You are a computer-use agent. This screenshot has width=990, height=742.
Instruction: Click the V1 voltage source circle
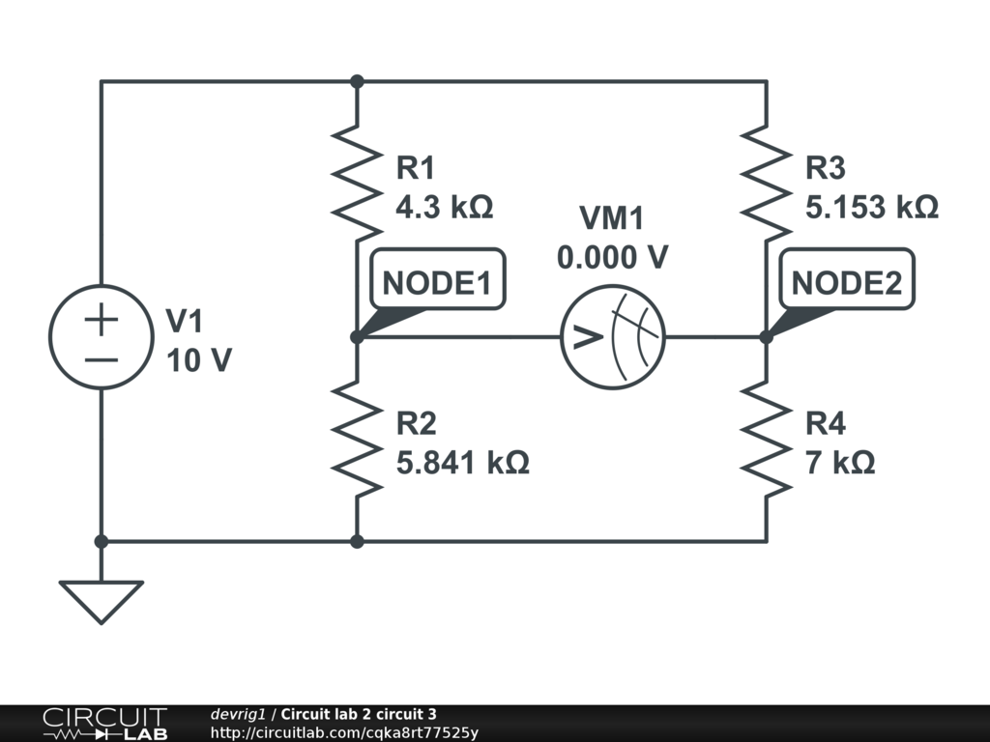pos(102,336)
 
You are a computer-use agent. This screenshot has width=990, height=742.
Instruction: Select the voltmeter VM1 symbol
pos(614,336)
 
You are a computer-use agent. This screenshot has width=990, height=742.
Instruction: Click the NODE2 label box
pos(846,283)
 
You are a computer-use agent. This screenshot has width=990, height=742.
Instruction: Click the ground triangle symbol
pos(102,600)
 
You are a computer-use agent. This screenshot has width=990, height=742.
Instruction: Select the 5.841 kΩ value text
pos(463,463)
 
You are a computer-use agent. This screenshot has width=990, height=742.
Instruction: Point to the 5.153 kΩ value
pos(872,208)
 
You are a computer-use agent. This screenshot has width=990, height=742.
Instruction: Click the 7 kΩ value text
pos(840,463)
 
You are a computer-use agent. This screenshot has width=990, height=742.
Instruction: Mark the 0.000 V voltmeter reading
pos(611,257)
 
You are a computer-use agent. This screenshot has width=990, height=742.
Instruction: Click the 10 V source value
pos(199,360)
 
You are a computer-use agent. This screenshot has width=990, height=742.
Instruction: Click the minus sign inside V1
pos(102,359)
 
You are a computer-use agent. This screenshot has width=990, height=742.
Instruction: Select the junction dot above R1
pos(357,82)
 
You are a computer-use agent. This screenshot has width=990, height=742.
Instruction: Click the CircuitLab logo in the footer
pos(104,724)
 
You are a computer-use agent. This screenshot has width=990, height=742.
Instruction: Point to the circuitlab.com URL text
pos(344,733)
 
